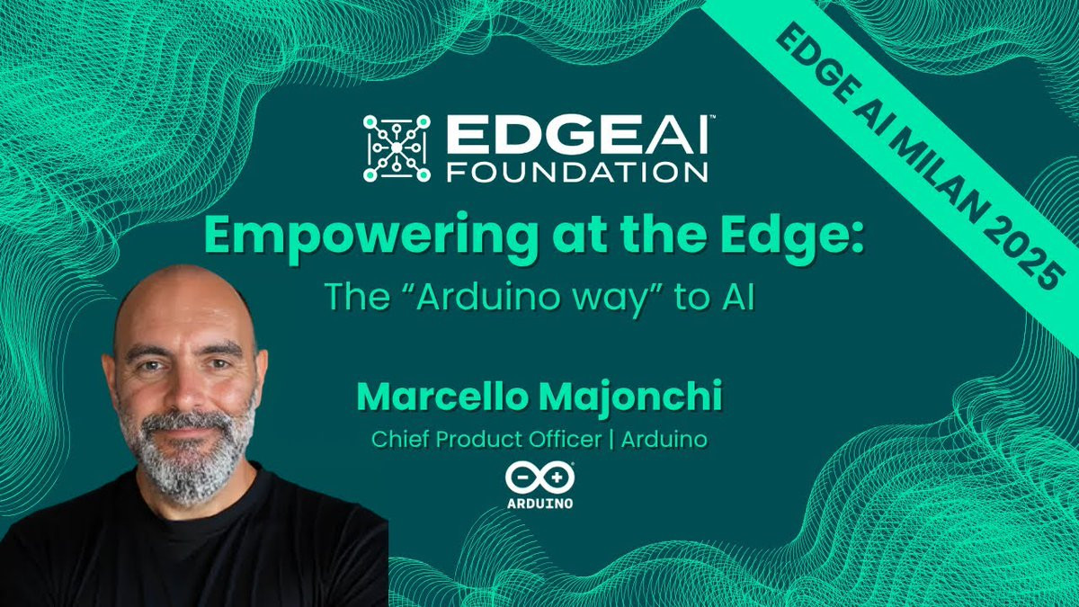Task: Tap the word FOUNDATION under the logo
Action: coord(577,172)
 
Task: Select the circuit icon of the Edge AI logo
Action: coord(397,148)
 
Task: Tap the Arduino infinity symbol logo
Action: coord(540,478)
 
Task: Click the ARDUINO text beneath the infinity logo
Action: coord(540,504)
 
